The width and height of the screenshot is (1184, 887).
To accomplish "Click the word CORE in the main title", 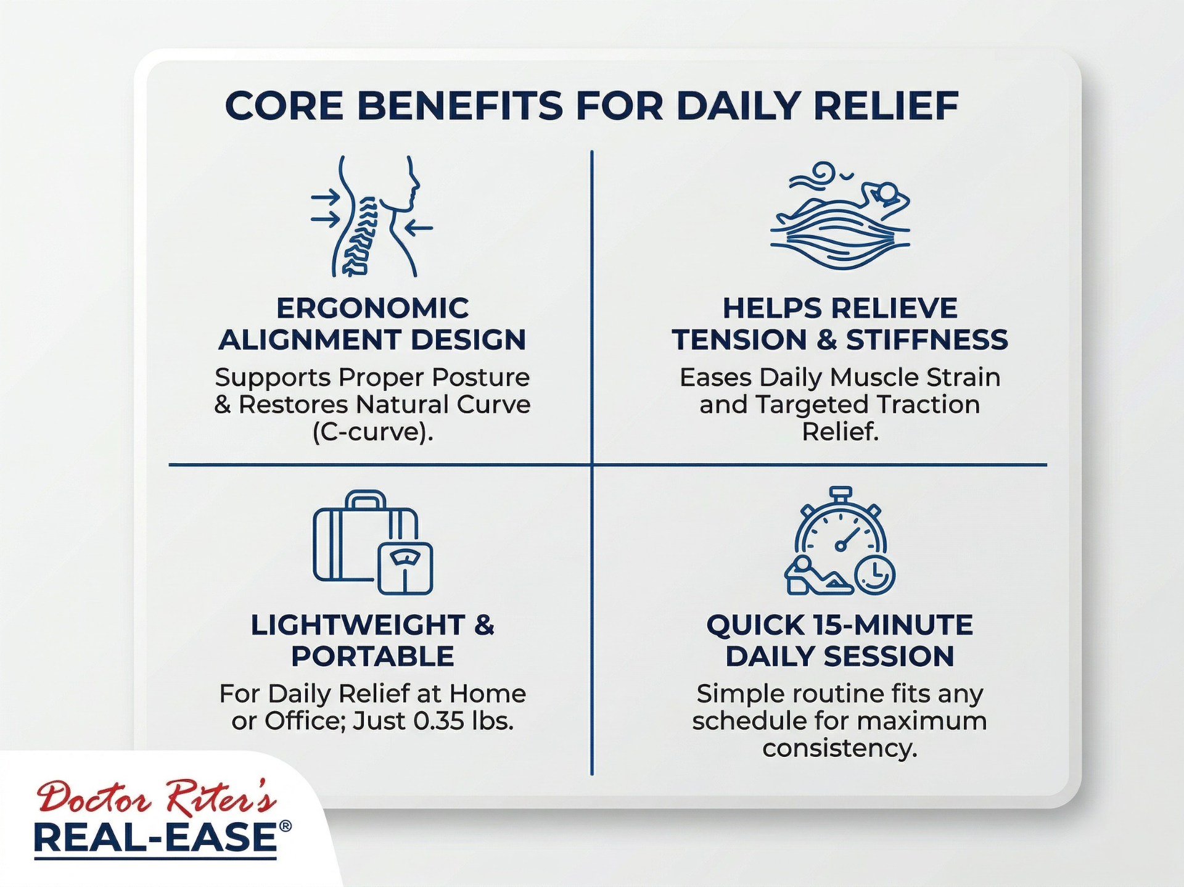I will (284, 106).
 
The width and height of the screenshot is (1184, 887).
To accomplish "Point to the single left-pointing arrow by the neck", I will (419, 228).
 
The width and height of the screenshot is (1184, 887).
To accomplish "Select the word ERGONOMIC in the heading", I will (372, 308).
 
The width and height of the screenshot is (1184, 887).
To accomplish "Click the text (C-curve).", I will (372, 432).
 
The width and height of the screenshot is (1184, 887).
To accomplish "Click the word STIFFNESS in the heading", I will (927, 340).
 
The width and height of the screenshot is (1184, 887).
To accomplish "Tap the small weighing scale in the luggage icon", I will (405, 568).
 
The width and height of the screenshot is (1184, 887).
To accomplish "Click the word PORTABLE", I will (372, 656).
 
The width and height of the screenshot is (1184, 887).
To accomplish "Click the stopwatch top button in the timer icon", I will (841, 493).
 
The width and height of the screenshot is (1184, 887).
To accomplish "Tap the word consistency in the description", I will (840, 748).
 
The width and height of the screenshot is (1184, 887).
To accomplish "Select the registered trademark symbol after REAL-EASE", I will (285, 827).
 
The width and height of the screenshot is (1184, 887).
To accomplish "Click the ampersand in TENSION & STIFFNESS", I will (826, 340).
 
